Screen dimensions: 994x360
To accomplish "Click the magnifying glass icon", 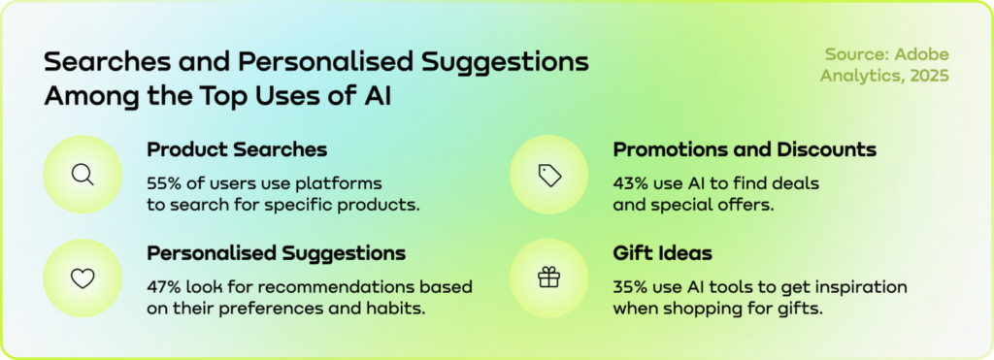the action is [x=83, y=175].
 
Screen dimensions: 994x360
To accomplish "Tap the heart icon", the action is [x=83, y=278].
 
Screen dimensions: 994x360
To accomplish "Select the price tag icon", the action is [x=549, y=175].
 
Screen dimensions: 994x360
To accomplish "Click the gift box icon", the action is [x=549, y=277].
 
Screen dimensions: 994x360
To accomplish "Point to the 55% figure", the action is [x=164, y=183].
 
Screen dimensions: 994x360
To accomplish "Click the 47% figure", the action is [x=163, y=287].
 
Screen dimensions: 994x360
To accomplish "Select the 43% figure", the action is [x=630, y=183].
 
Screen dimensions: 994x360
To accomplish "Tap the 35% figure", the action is [x=629, y=287].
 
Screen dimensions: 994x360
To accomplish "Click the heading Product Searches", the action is [x=237, y=150].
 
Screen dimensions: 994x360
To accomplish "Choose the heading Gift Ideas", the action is [x=662, y=253].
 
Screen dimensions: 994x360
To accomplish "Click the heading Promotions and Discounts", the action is [x=745, y=150].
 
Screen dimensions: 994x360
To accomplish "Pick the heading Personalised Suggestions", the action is [x=277, y=254].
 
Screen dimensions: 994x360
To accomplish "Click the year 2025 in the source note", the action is [x=929, y=76].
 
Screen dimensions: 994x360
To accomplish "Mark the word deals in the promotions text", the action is [x=799, y=183].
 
